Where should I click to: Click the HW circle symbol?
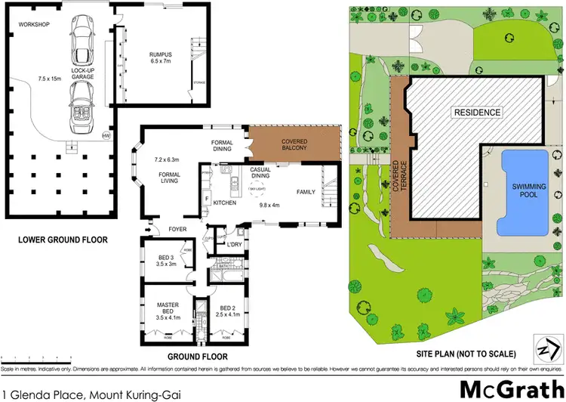coord(106,136)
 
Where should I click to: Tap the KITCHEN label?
coord(224,203)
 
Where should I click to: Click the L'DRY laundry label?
coord(234,244)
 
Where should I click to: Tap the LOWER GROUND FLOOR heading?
coord(63,240)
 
